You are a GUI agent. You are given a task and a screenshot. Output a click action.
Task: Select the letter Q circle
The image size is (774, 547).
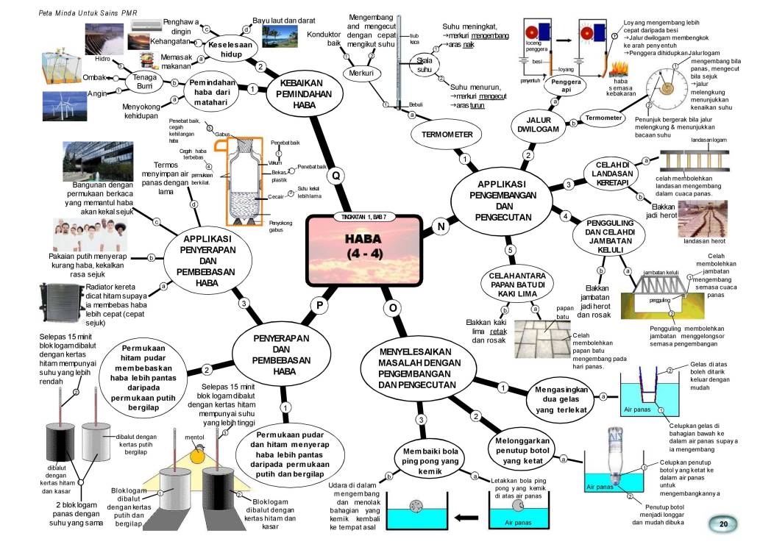(335, 176)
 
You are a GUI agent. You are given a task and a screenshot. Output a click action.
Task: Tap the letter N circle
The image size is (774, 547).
(441, 227)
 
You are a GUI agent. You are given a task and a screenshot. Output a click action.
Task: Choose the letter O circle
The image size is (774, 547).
(393, 307)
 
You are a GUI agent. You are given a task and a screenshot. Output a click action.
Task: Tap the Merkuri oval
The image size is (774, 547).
(361, 74)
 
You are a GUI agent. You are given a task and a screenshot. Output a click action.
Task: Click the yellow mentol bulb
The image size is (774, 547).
(196, 456)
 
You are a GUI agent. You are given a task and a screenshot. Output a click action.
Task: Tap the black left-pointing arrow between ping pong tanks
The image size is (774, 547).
(466, 517)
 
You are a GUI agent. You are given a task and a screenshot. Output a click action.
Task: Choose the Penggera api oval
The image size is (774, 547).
(566, 87)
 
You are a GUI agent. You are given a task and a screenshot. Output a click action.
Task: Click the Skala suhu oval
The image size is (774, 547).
(424, 64)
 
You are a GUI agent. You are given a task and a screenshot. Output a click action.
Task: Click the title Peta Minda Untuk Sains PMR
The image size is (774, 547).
(84, 12)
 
